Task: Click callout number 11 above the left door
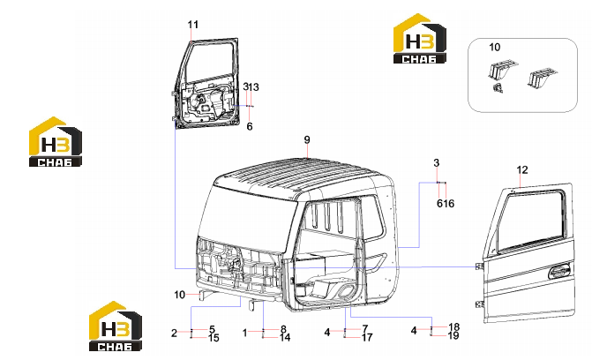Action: pyautogui.click(x=193, y=25)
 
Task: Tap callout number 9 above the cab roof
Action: pyautogui.click(x=307, y=140)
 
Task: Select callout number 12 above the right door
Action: pyautogui.click(x=522, y=170)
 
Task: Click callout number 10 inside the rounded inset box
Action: pyautogui.click(x=495, y=48)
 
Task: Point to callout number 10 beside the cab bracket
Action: pyautogui.click(x=180, y=295)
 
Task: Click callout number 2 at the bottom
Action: pyautogui.click(x=174, y=334)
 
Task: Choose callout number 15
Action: pyautogui.click(x=214, y=338)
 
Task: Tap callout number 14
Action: pyautogui.click(x=285, y=337)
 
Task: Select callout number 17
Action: pyautogui.click(x=367, y=337)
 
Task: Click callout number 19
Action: pyautogui.click(x=453, y=335)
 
